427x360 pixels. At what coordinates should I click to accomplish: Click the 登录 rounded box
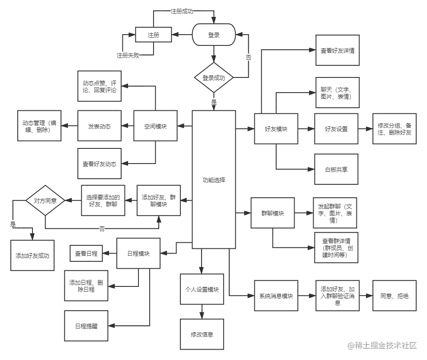pyautogui.click(x=214, y=35)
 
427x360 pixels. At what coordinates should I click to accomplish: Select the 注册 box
pyautogui.click(x=154, y=35)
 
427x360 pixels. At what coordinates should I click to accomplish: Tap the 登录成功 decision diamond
pyautogui.click(x=214, y=78)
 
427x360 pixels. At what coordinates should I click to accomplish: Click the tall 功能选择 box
pyautogui.click(x=214, y=180)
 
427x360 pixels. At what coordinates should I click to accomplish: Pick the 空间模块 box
pyautogui.click(x=155, y=126)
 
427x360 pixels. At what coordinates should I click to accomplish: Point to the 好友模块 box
pyautogui.click(x=276, y=129)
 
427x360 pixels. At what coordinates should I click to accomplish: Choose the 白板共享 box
pyautogui.click(x=337, y=169)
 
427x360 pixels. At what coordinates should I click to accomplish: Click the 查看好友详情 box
pyautogui.click(x=337, y=51)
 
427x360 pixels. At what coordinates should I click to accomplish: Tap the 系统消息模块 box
pyautogui.click(x=276, y=296)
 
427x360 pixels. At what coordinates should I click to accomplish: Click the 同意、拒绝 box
pyautogui.click(x=394, y=296)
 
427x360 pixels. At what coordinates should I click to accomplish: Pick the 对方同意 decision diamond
pyautogui.click(x=45, y=200)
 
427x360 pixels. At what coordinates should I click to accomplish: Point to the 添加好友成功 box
pyautogui.click(x=32, y=255)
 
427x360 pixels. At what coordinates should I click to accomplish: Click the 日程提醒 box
pyautogui.click(x=87, y=326)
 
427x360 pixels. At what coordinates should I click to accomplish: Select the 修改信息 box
pyautogui.click(x=202, y=334)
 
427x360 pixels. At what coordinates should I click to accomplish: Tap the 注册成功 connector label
pyautogui.click(x=182, y=12)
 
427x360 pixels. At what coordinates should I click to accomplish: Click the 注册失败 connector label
pyautogui.click(x=128, y=55)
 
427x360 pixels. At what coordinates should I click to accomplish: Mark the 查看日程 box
pyautogui.click(x=87, y=254)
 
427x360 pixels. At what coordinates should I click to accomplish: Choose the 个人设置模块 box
pyautogui.click(x=202, y=289)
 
